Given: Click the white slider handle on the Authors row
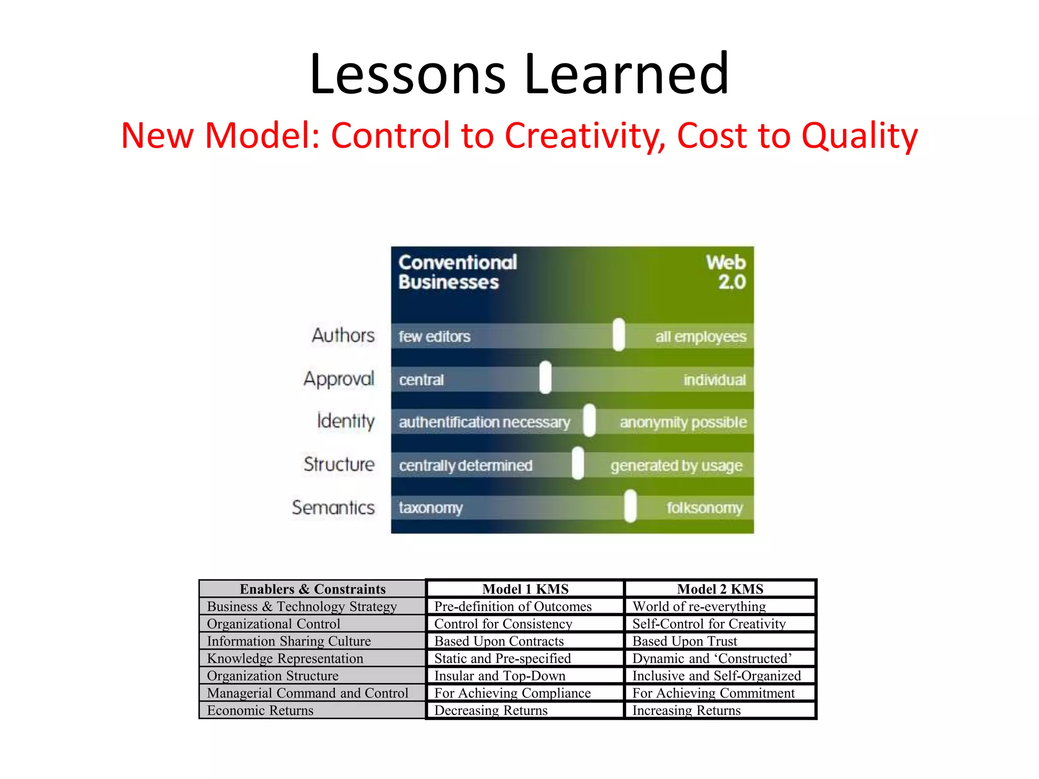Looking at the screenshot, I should point(618,335).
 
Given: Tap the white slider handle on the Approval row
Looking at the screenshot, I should point(545,377).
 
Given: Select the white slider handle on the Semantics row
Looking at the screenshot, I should point(630,506).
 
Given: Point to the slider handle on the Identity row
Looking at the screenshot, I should point(589,420).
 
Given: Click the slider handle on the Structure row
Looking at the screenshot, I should point(578,463).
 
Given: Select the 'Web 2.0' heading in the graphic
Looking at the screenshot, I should point(726,272).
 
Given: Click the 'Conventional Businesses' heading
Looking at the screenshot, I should point(457,272).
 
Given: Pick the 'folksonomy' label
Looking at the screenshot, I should point(705,508).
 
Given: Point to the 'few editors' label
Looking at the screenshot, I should point(434,336).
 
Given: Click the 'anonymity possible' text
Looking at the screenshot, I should point(683,422).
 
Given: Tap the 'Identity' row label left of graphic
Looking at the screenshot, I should point(345,421).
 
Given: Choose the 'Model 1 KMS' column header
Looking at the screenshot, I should point(525,589).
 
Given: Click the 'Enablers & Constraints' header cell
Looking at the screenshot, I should point(313,589).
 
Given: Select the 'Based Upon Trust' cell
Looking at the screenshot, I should point(684,641).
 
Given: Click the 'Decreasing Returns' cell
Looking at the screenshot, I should point(491,710).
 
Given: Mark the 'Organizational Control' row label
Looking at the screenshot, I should point(273,624).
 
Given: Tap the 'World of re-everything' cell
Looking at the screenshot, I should point(699,607).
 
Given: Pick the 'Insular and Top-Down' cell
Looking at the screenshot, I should point(500,676).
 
